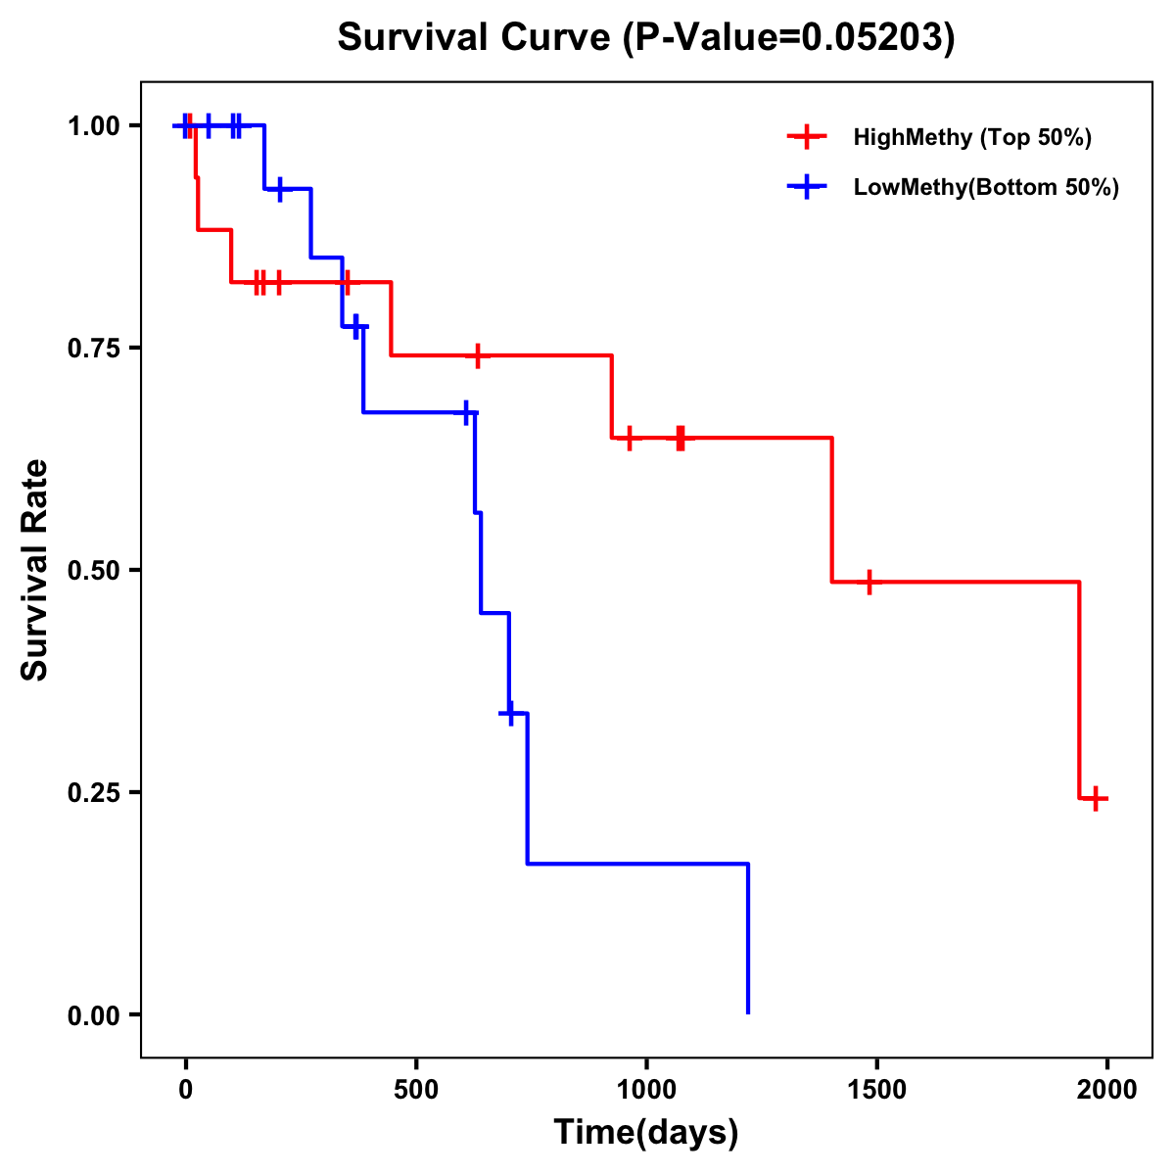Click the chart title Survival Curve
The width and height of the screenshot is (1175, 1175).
(x=645, y=37)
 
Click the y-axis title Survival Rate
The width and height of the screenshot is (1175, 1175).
(x=35, y=570)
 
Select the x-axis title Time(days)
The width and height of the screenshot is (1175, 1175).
(x=646, y=1132)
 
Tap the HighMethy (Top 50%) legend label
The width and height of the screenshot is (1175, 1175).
(x=971, y=137)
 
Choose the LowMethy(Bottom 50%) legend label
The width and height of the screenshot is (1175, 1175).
(x=986, y=187)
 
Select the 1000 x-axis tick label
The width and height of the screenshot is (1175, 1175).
(x=646, y=1090)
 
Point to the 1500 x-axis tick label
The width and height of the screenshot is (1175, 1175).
(x=876, y=1090)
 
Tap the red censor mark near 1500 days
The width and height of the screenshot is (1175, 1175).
(x=868, y=582)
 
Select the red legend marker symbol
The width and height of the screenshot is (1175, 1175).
(x=807, y=137)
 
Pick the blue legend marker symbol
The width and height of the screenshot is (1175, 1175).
(x=807, y=187)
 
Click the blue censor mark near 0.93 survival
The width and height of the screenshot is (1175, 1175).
(x=280, y=188)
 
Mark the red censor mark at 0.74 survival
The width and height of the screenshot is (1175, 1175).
(x=477, y=354)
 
